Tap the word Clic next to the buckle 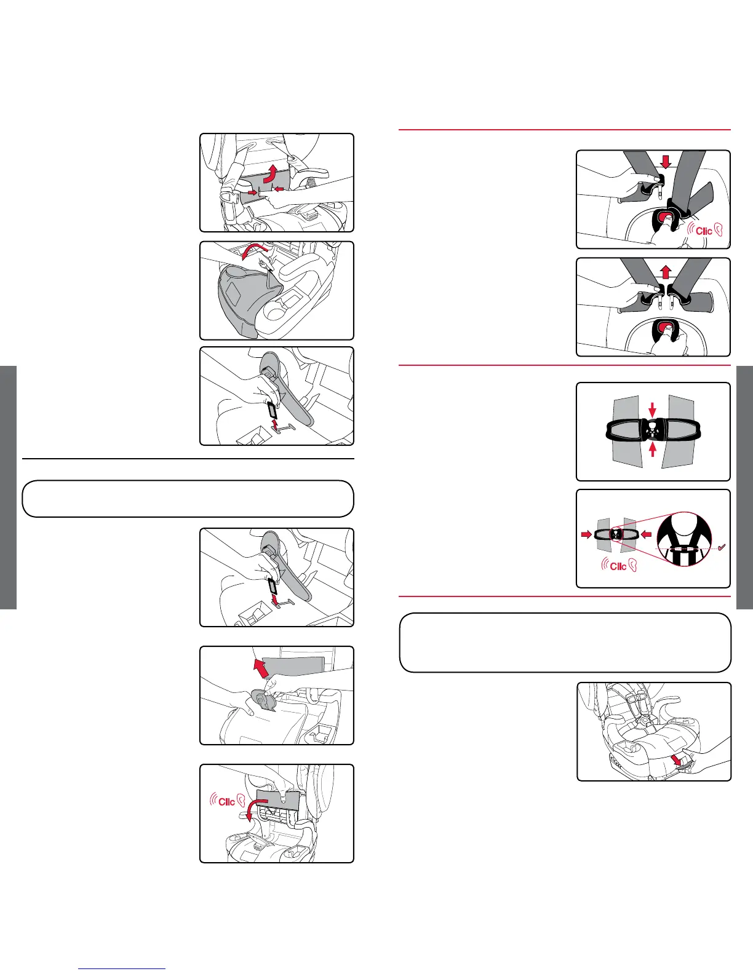pyautogui.click(x=704, y=231)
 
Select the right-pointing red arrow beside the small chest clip pyautogui.click(x=585, y=534)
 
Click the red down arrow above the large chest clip pyautogui.click(x=653, y=408)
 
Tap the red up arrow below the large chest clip pyautogui.click(x=653, y=449)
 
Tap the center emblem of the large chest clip pyautogui.click(x=653, y=429)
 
